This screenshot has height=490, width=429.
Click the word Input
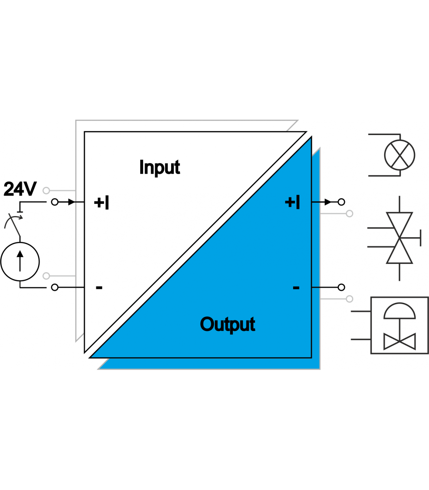[x=159, y=167]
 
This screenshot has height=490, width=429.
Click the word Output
[x=227, y=324]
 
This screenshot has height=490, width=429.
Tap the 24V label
[x=20, y=189]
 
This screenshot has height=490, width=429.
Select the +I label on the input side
[x=102, y=202]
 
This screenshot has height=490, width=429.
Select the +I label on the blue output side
[x=292, y=202]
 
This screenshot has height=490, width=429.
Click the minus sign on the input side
[x=99, y=287]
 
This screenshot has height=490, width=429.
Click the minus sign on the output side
[x=296, y=287]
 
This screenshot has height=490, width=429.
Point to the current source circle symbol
[x=20, y=261]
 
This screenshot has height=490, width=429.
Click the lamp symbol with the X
[x=399, y=155]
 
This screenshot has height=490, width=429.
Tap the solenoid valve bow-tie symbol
[x=399, y=238]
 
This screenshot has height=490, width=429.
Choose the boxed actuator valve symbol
[x=399, y=325]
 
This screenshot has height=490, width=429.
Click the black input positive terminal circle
[x=55, y=202]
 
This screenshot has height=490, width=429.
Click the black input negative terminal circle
[x=55, y=287]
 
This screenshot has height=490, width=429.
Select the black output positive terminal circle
[x=341, y=202]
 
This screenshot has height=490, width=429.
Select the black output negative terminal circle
[x=341, y=287]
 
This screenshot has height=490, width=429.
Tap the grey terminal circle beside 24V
[x=46, y=191]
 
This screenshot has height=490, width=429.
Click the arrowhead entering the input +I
[x=71, y=202]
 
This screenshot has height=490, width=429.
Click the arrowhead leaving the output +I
[x=328, y=202]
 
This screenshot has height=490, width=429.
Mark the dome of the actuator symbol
[x=399, y=311]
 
